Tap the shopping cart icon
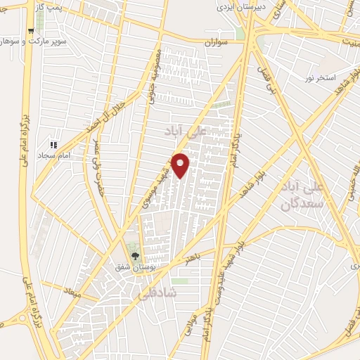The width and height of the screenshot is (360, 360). [x=30, y=32]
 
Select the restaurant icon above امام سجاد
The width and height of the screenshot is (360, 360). [x=54, y=146]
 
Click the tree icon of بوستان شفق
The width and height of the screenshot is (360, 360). [x=134, y=257]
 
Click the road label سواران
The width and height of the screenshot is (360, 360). [x=218, y=43]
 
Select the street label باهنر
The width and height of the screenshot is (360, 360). [x=194, y=259]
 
